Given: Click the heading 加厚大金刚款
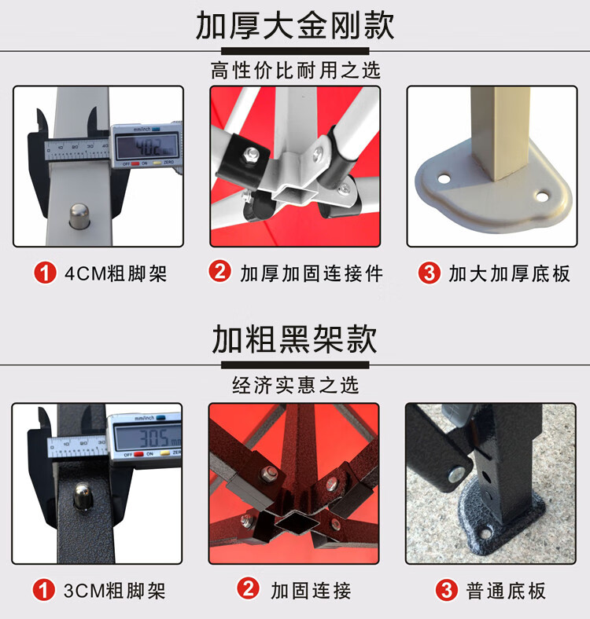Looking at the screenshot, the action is [295, 26].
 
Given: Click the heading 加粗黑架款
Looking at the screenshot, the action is [294, 339].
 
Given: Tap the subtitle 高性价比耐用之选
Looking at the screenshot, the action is [295, 71].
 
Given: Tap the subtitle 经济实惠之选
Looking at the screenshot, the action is [295, 385].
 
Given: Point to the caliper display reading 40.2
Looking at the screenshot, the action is [146, 147].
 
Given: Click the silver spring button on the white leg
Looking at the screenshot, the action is [79, 215].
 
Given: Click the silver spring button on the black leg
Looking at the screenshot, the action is [83, 495].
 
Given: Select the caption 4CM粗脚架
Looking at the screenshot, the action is [116, 273].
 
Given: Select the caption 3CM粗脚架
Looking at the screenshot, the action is [115, 591].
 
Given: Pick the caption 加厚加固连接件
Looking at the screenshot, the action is [312, 273].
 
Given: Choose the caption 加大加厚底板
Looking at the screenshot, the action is [509, 273].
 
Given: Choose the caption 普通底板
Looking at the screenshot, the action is [506, 591].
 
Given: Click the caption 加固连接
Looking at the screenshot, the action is [311, 591].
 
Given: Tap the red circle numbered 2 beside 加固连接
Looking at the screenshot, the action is [249, 588].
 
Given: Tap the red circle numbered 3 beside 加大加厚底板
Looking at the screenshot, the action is [430, 273].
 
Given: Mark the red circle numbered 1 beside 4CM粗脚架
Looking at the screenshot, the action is [45, 273].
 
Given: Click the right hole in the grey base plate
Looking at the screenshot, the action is [541, 196].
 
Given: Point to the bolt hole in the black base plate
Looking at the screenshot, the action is [485, 533].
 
